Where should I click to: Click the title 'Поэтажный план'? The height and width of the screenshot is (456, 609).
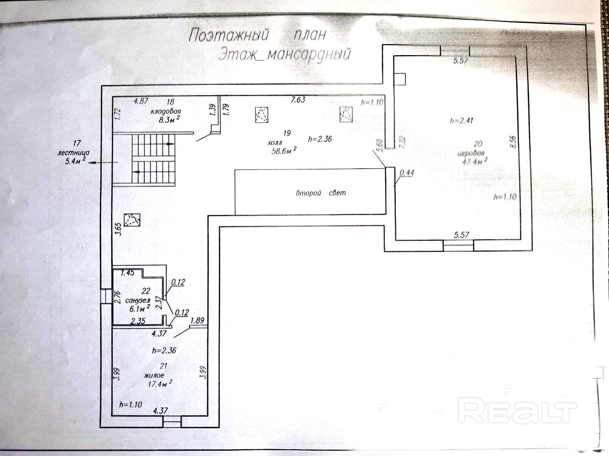[258, 35]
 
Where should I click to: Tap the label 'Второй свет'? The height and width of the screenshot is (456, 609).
[321, 193]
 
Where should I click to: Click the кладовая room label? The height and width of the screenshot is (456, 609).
[165, 112]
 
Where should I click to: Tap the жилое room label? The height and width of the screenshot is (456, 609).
[154, 375]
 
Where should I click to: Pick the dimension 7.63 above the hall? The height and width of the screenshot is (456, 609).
[298, 100]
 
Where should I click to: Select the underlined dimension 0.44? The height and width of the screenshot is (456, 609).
[407, 173]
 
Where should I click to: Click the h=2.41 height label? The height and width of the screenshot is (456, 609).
[461, 121]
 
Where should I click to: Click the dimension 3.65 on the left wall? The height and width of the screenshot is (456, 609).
[118, 230]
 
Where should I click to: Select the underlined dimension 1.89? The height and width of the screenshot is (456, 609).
[198, 320]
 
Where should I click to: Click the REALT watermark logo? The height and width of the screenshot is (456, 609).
[517, 410]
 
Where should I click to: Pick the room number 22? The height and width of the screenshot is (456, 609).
[145, 291]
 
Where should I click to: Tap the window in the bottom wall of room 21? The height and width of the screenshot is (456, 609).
[172, 421]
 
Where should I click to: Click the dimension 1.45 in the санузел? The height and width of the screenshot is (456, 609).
[128, 272]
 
